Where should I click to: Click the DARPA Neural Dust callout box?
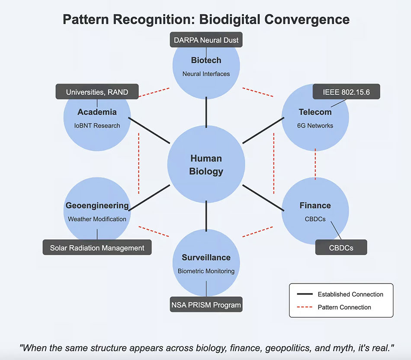pyautogui.click(x=206, y=40)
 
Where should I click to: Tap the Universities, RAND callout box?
pyautogui.click(x=97, y=92)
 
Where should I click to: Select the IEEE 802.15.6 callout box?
pyautogui.click(x=346, y=92)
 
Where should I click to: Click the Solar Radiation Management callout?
pyautogui.click(x=97, y=247)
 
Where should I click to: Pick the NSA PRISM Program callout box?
pyautogui.click(x=206, y=305)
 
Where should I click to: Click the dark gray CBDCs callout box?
pyautogui.click(x=341, y=247)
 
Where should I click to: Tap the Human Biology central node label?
pyautogui.click(x=206, y=165)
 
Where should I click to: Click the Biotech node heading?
pyautogui.click(x=206, y=60)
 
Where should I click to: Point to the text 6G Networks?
pyautogui.click(x=315, y=126)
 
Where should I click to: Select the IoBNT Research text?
pyautogui.click(x=97, y=126)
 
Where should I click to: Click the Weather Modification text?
pyautogui.click(x=97, y=219)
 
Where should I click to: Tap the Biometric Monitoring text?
pyautogui.click(x=206, y=271)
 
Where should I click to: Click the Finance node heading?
pyautogui.click(x=315, y=206)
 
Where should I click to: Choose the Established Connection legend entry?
pyautogui.click(x=340, y=294)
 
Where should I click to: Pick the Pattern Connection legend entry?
pyautogui.click(x=334, y=307)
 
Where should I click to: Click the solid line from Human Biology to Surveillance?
pyautogui.click(x=206, y=216)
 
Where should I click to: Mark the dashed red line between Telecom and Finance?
pyautogui.click(x=315, y=164)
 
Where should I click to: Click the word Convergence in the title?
pyautogui.click(x=307, y=19)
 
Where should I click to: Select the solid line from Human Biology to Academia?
pyautogui.click(x=149, y=131)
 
